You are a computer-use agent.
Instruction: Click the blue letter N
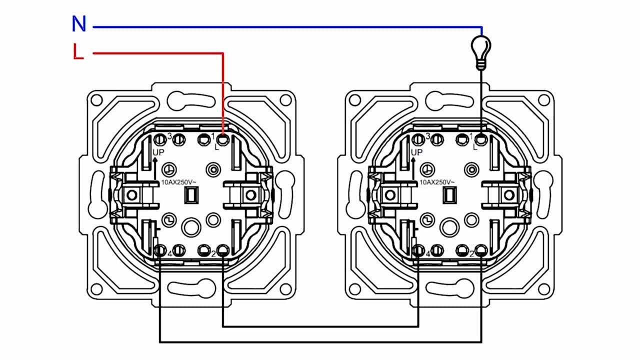pos(79,23)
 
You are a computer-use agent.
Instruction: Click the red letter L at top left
pos(78,51)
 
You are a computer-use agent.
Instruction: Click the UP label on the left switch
pos(158,152)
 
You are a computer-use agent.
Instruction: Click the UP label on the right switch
pos(416,152)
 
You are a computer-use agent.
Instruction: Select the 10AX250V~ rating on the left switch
pos(179,182)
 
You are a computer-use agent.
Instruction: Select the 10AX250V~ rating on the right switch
pos(437,182)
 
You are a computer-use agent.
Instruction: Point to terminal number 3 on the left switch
pos(169,136)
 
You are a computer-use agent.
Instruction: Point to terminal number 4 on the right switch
pos(428,253)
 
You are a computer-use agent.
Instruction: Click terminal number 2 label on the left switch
pos(213,253)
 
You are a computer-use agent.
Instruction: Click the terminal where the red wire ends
pos(222,139)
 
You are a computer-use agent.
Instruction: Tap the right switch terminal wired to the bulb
pos(481,139)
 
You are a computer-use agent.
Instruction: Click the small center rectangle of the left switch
pos(191,195)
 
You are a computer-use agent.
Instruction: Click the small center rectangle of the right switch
pos(449,195)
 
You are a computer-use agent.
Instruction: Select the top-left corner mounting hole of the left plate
pos(96,100)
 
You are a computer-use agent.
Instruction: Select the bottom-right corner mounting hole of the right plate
pos(543,289)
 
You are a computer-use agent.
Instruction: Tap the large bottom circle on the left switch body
pos(191,227)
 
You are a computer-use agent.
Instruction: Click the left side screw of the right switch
pos(390,195)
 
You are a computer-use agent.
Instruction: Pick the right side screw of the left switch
pos(250,195)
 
